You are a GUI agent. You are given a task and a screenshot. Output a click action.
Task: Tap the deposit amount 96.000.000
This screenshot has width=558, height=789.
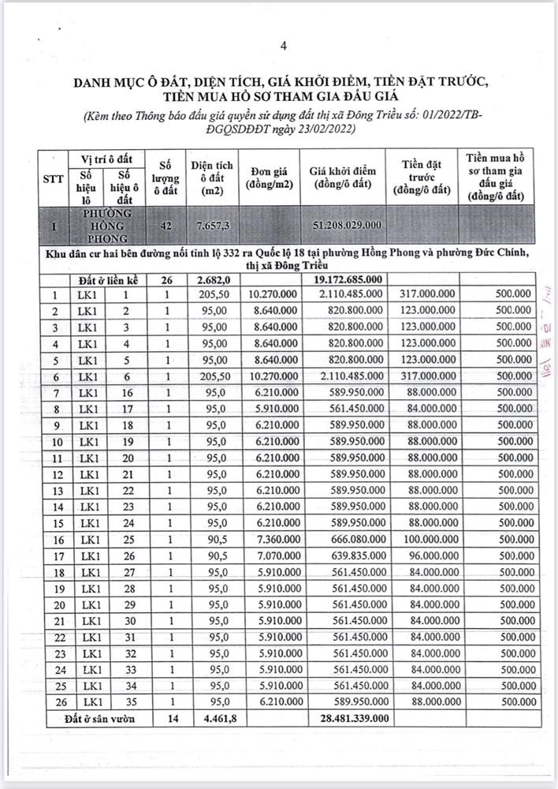point(426,556)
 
